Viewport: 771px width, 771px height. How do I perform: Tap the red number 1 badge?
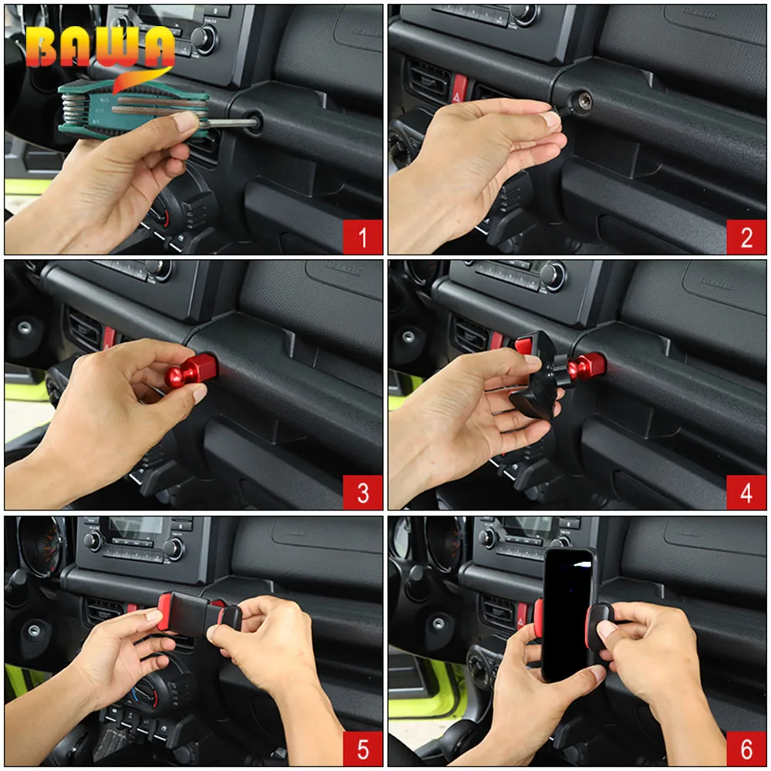pos(362,237)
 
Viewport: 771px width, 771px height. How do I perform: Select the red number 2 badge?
pos(746,237)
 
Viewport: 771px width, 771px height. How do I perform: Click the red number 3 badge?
pos(362,492)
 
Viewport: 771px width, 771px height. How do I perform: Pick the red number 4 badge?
pos(746,492)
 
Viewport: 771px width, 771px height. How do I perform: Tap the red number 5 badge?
pos(362,749)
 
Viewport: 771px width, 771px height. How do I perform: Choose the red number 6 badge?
pos(746,749)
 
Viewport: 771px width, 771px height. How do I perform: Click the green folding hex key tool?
pos(133,110)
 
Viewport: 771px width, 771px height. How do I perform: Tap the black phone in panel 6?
pos(568,614)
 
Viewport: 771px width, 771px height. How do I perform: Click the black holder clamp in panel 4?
pos(536,374)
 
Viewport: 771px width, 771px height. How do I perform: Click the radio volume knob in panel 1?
pos(204,38)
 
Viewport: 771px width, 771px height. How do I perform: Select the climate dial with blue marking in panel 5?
pos(147,691)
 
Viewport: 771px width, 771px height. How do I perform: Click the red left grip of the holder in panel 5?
pos(164,611)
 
